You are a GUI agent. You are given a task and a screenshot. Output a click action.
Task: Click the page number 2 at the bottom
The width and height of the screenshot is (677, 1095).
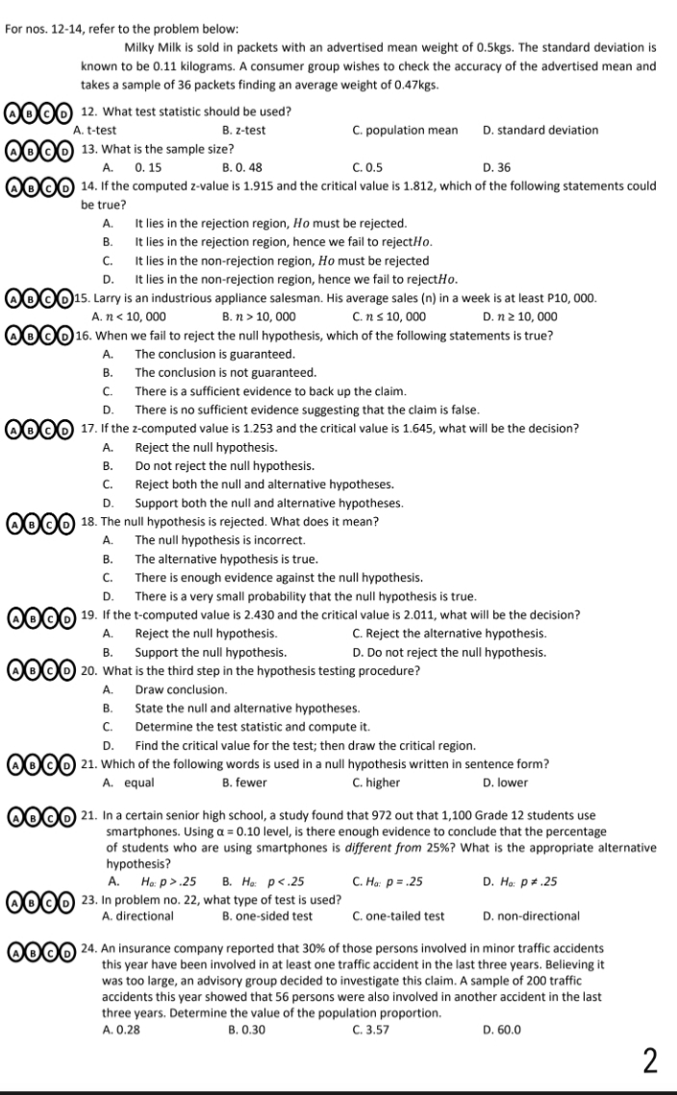pyautogui.click(x=651, y=1061)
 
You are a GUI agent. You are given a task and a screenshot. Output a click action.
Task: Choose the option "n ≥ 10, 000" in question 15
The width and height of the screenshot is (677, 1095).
pyautogui.click(x=520, y=316)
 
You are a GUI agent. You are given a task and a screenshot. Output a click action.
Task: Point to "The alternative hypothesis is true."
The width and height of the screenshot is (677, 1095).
pyautogui.click(x=227, y=559)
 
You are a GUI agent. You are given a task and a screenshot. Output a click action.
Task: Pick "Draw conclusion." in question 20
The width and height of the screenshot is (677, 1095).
pyautogui.click(x=181, y=689)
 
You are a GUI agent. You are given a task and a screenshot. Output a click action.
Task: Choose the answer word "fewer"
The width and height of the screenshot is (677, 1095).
pyautogui.click(x=243, y=783)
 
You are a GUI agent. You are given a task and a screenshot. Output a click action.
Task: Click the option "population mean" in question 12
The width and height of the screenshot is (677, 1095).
pyautogui.click(x=405, y=130)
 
